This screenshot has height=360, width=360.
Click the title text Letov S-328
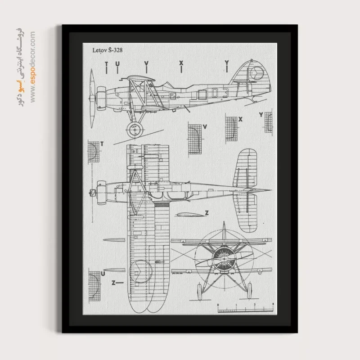106,51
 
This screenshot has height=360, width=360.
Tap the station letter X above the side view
181,63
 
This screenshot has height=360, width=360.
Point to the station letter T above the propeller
106,63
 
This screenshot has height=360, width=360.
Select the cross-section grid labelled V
194,139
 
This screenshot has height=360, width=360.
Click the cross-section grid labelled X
231,129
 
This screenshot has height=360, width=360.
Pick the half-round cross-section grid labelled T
94,152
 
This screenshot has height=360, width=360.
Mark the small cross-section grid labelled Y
268,122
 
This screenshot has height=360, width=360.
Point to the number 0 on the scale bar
218,305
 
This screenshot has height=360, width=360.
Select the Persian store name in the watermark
19,67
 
